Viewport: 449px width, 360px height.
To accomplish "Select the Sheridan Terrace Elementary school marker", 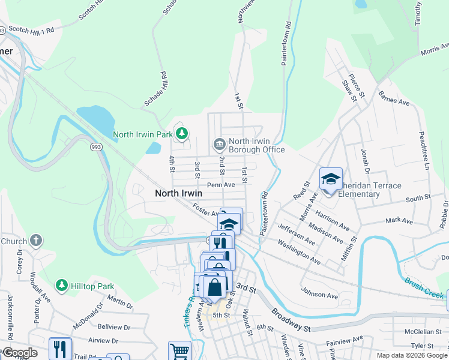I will pyautogui.click(x=330, y=179).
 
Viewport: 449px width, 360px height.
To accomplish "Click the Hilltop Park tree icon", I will pyautogui.click(x=61, y=284).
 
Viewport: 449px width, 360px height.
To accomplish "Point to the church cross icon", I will pyautogui.click(x=36, y=241).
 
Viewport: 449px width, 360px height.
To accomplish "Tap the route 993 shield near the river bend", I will pyautogui.click(x=95, y=146).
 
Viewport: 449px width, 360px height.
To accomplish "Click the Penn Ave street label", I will pyautogui.click(x=221, y=185).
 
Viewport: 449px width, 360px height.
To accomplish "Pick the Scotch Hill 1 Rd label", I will pyautogui.click(x=32, y=28).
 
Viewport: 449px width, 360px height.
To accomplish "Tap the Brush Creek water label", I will pyautogui.click(x=424, y=288).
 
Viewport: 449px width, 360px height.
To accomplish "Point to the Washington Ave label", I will pyautogui.click(x=298, y=253).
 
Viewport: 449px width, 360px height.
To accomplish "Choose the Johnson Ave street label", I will pyautogui.click(x=319, y=295).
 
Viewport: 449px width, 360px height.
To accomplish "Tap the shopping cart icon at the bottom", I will pyautogui.click(x=179, y=351).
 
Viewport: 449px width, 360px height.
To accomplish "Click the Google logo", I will pyautogui.click(x=19, y=353).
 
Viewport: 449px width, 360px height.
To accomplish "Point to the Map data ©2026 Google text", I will pyautogui.click(x=411, y=355).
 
